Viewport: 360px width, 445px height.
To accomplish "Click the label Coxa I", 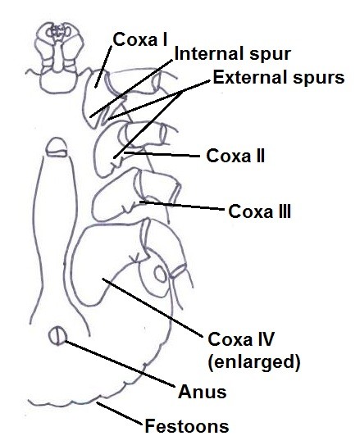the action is tap(140, 39).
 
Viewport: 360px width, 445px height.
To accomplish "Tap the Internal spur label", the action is tap(233, 54).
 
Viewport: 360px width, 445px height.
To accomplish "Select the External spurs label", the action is tap(279, 77).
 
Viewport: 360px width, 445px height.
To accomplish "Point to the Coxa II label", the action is tap(235, 156).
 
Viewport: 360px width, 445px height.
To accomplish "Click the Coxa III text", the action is tap(259, 211).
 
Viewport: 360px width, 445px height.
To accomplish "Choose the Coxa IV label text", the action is tap(241, 339).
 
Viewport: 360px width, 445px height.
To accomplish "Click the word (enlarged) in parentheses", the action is tap(254, 362).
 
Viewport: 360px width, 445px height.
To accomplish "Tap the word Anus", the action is tap(203, 392).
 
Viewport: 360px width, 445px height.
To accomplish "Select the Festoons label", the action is tap(187, 426).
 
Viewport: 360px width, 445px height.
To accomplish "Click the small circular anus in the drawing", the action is tap(57, 336).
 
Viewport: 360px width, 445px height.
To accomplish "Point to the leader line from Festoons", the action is tap(119, 413).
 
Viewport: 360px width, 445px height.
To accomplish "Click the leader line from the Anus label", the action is tap(120, 364).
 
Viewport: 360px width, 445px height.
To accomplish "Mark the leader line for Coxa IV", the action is tap(153, 308).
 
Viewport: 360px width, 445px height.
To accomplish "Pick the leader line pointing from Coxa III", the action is tap(182, 206).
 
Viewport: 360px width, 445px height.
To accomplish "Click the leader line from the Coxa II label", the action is tap(162, 155).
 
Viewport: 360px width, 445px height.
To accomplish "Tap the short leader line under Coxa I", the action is tap(103, 66).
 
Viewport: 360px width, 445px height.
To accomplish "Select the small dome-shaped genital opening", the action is tap(57, 147).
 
